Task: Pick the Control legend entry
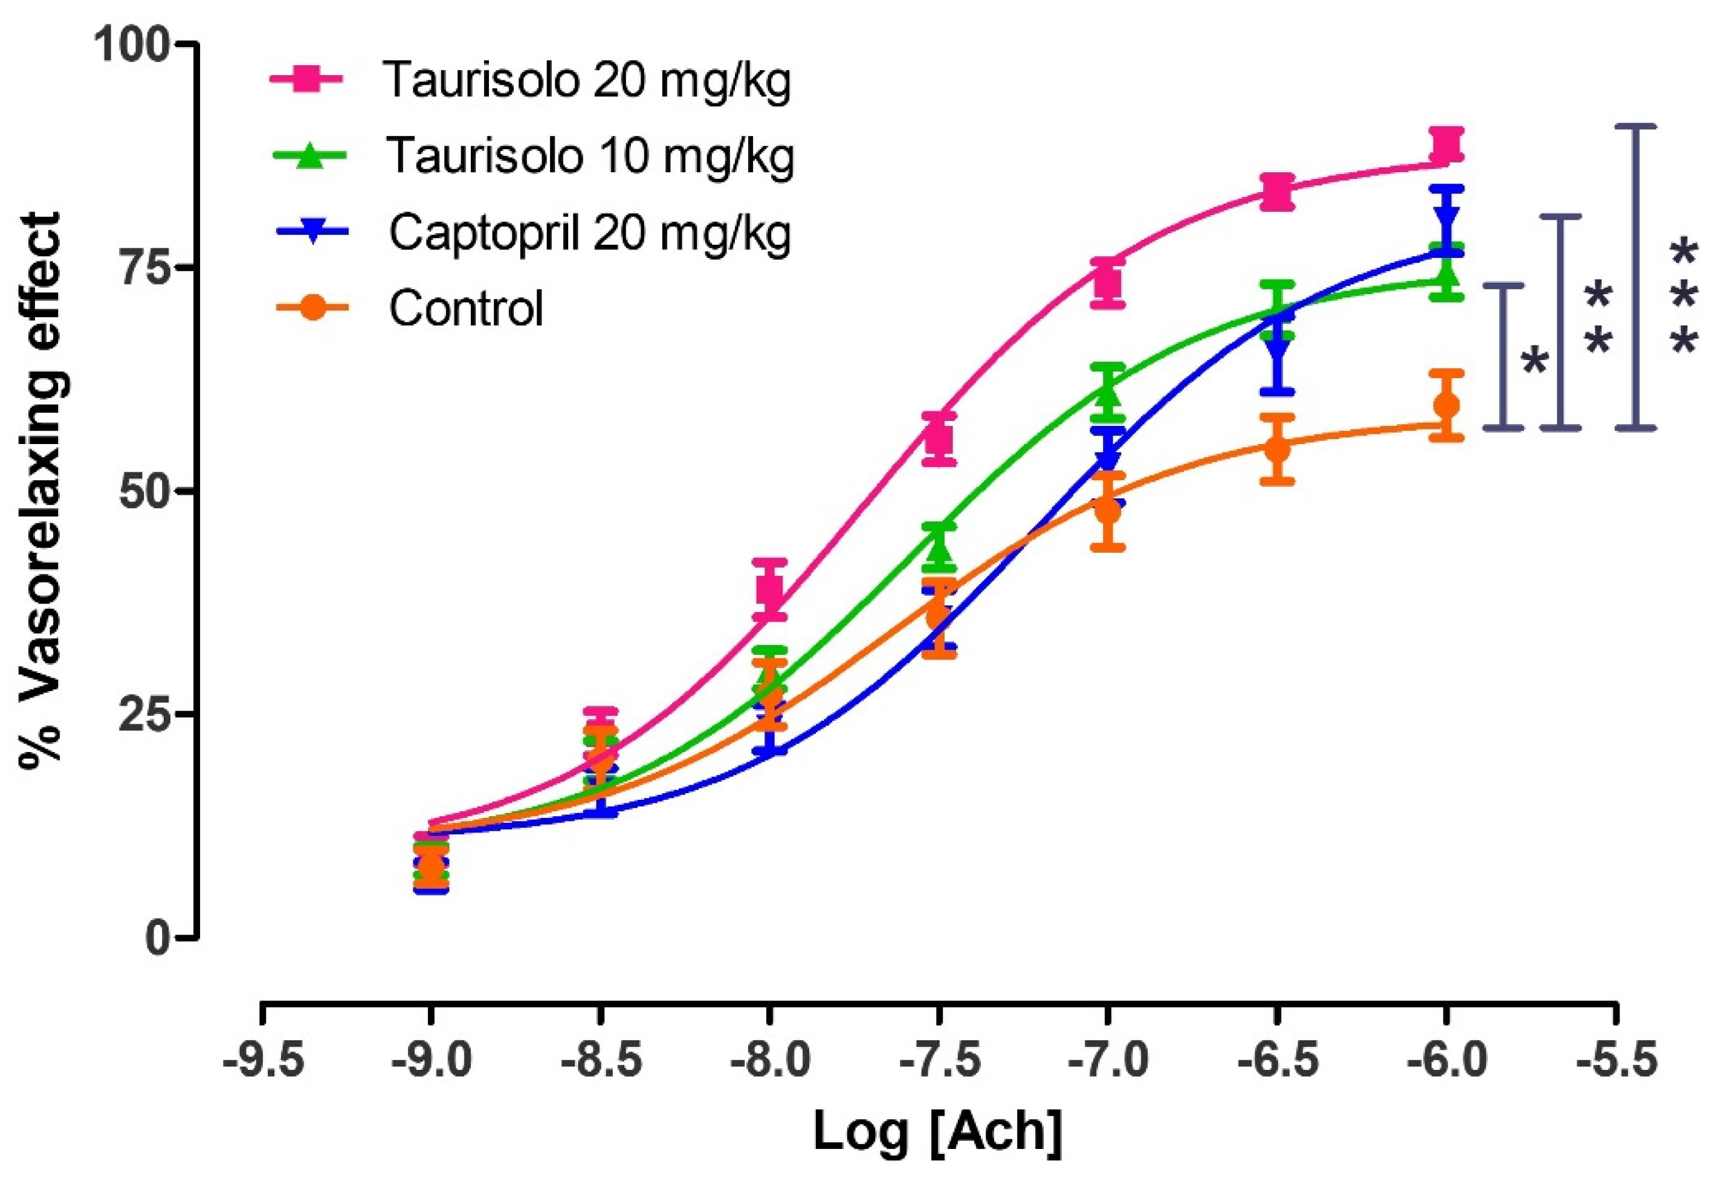pos(467,308)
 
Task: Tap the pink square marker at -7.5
pos(939,439)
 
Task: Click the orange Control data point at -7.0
pos(1107,510)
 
